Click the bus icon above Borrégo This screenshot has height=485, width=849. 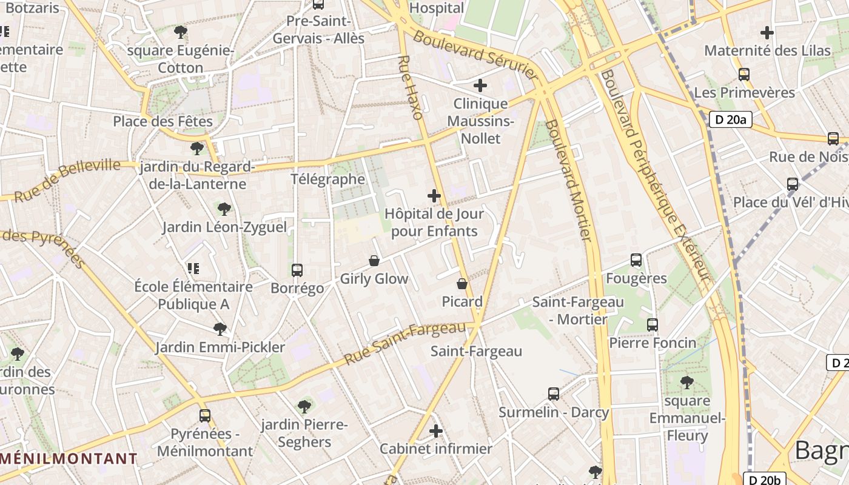297,270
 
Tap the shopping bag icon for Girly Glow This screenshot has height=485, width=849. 374,261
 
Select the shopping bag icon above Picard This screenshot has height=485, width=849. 462,284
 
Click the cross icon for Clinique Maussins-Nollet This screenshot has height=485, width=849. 480,85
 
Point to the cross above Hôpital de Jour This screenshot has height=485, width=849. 434,196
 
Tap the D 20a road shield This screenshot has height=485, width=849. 730,119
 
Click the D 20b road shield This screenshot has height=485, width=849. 764,480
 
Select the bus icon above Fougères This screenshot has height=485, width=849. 636,260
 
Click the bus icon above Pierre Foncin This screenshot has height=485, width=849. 653,325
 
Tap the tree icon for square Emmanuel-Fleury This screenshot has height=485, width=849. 687,383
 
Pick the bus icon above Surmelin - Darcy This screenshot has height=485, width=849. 554,394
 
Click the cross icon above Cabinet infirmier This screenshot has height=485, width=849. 436,431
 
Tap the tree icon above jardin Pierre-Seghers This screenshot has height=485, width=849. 304,406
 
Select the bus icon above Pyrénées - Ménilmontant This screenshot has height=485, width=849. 205,416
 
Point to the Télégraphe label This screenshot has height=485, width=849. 327,179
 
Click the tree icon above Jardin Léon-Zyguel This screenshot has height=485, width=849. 224,209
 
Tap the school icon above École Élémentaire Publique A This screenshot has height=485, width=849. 193,268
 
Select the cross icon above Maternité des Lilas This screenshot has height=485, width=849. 767,33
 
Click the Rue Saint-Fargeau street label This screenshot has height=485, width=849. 404,343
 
